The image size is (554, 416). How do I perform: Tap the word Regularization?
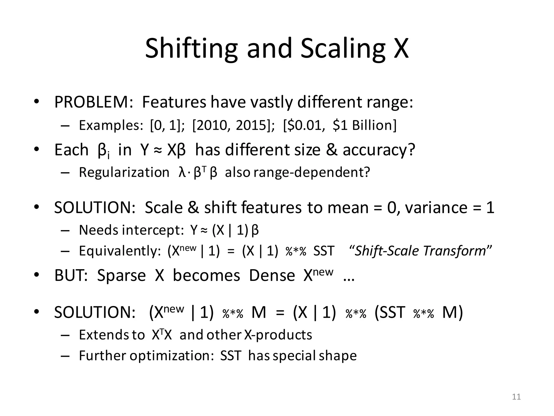[x=124, y=172]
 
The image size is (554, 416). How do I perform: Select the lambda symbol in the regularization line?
[x=182, y=172]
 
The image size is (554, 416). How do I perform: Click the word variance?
[x=436, y=208]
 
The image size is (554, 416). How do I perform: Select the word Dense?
[x=272, y=275]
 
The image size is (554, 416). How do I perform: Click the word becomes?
[x=206, y=275]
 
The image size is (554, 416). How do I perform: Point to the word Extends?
[x=104, y=335]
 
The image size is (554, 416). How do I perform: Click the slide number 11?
[x=516, y=397]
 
